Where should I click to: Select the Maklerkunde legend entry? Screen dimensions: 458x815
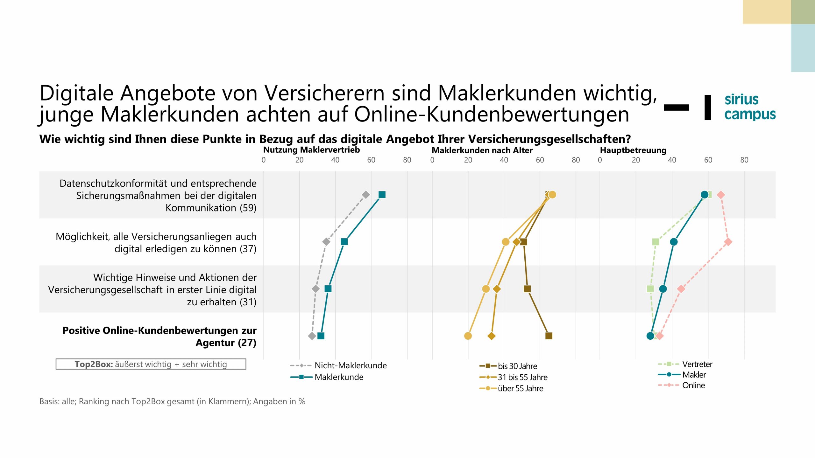pyautogui.click(x=339, y=377)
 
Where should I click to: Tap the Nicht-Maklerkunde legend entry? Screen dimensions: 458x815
pyautogui.click(x=350, y=365)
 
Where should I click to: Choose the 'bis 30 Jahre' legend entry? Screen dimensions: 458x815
pyautogui.click(x=517, y=366)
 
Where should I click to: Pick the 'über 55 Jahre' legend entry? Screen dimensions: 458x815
pyautogui.click(x=520, y=388)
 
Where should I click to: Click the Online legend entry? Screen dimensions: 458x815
pyautogui.click(x=693, y=385)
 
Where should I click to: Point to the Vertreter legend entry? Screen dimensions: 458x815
pyautogui.click(x=697, y=364)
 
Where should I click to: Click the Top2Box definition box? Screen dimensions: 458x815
pyautogui.click(x=151, y=364)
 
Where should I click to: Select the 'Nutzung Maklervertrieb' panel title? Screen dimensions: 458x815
pyautogui.click(x=311, y=150)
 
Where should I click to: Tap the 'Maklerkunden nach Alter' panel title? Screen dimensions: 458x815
pyautogui.click(x=482, y=150)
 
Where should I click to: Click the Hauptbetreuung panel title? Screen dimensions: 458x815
pyautogui.click(x=633, y=150)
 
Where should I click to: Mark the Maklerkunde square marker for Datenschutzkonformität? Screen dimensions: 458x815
pyautogui.click(x=382, y=195)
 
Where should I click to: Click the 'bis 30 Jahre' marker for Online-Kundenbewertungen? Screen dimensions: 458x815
pyautogui.click(x=549, y=336)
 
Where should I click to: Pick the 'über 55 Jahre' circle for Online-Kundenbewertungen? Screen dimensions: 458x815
pyautogui.click(x=468, y=336)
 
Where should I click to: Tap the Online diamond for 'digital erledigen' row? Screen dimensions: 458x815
pyautogui.click(x=728, y=242)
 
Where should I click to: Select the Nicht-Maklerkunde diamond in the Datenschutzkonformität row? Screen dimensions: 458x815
pyautogui.click(x=366, y=195)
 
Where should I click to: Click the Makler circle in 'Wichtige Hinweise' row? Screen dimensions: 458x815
pyautogui.click(x=663, y=289)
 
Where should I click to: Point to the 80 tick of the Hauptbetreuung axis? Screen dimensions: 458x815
pyautogui.click(x=744, y=160)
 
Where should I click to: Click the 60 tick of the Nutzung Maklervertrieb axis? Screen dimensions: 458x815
pyautogui.click(x=371, y=160)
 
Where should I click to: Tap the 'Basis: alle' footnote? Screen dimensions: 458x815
pyautogui.click(x=172, y=401)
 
